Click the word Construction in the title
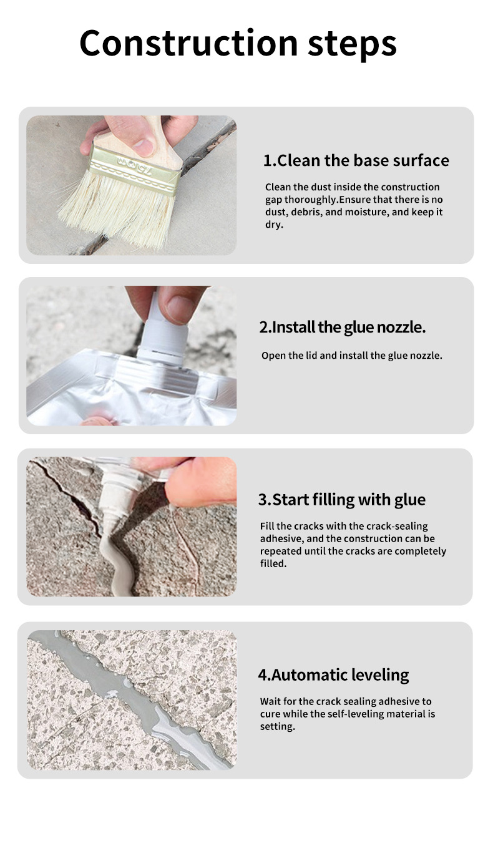pos(188,42)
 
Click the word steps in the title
pos(353,45)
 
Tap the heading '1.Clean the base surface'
pos(356,160)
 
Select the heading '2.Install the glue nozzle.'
pos(343,327)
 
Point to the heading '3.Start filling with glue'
pos(342,500)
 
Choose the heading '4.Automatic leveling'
pos(333,675)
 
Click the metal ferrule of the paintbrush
pos(135,170)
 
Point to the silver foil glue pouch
pos(132,390)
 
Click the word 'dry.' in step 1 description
pos(275,225)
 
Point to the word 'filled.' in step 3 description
pos(273,563)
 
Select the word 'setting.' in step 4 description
pos(278,727)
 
